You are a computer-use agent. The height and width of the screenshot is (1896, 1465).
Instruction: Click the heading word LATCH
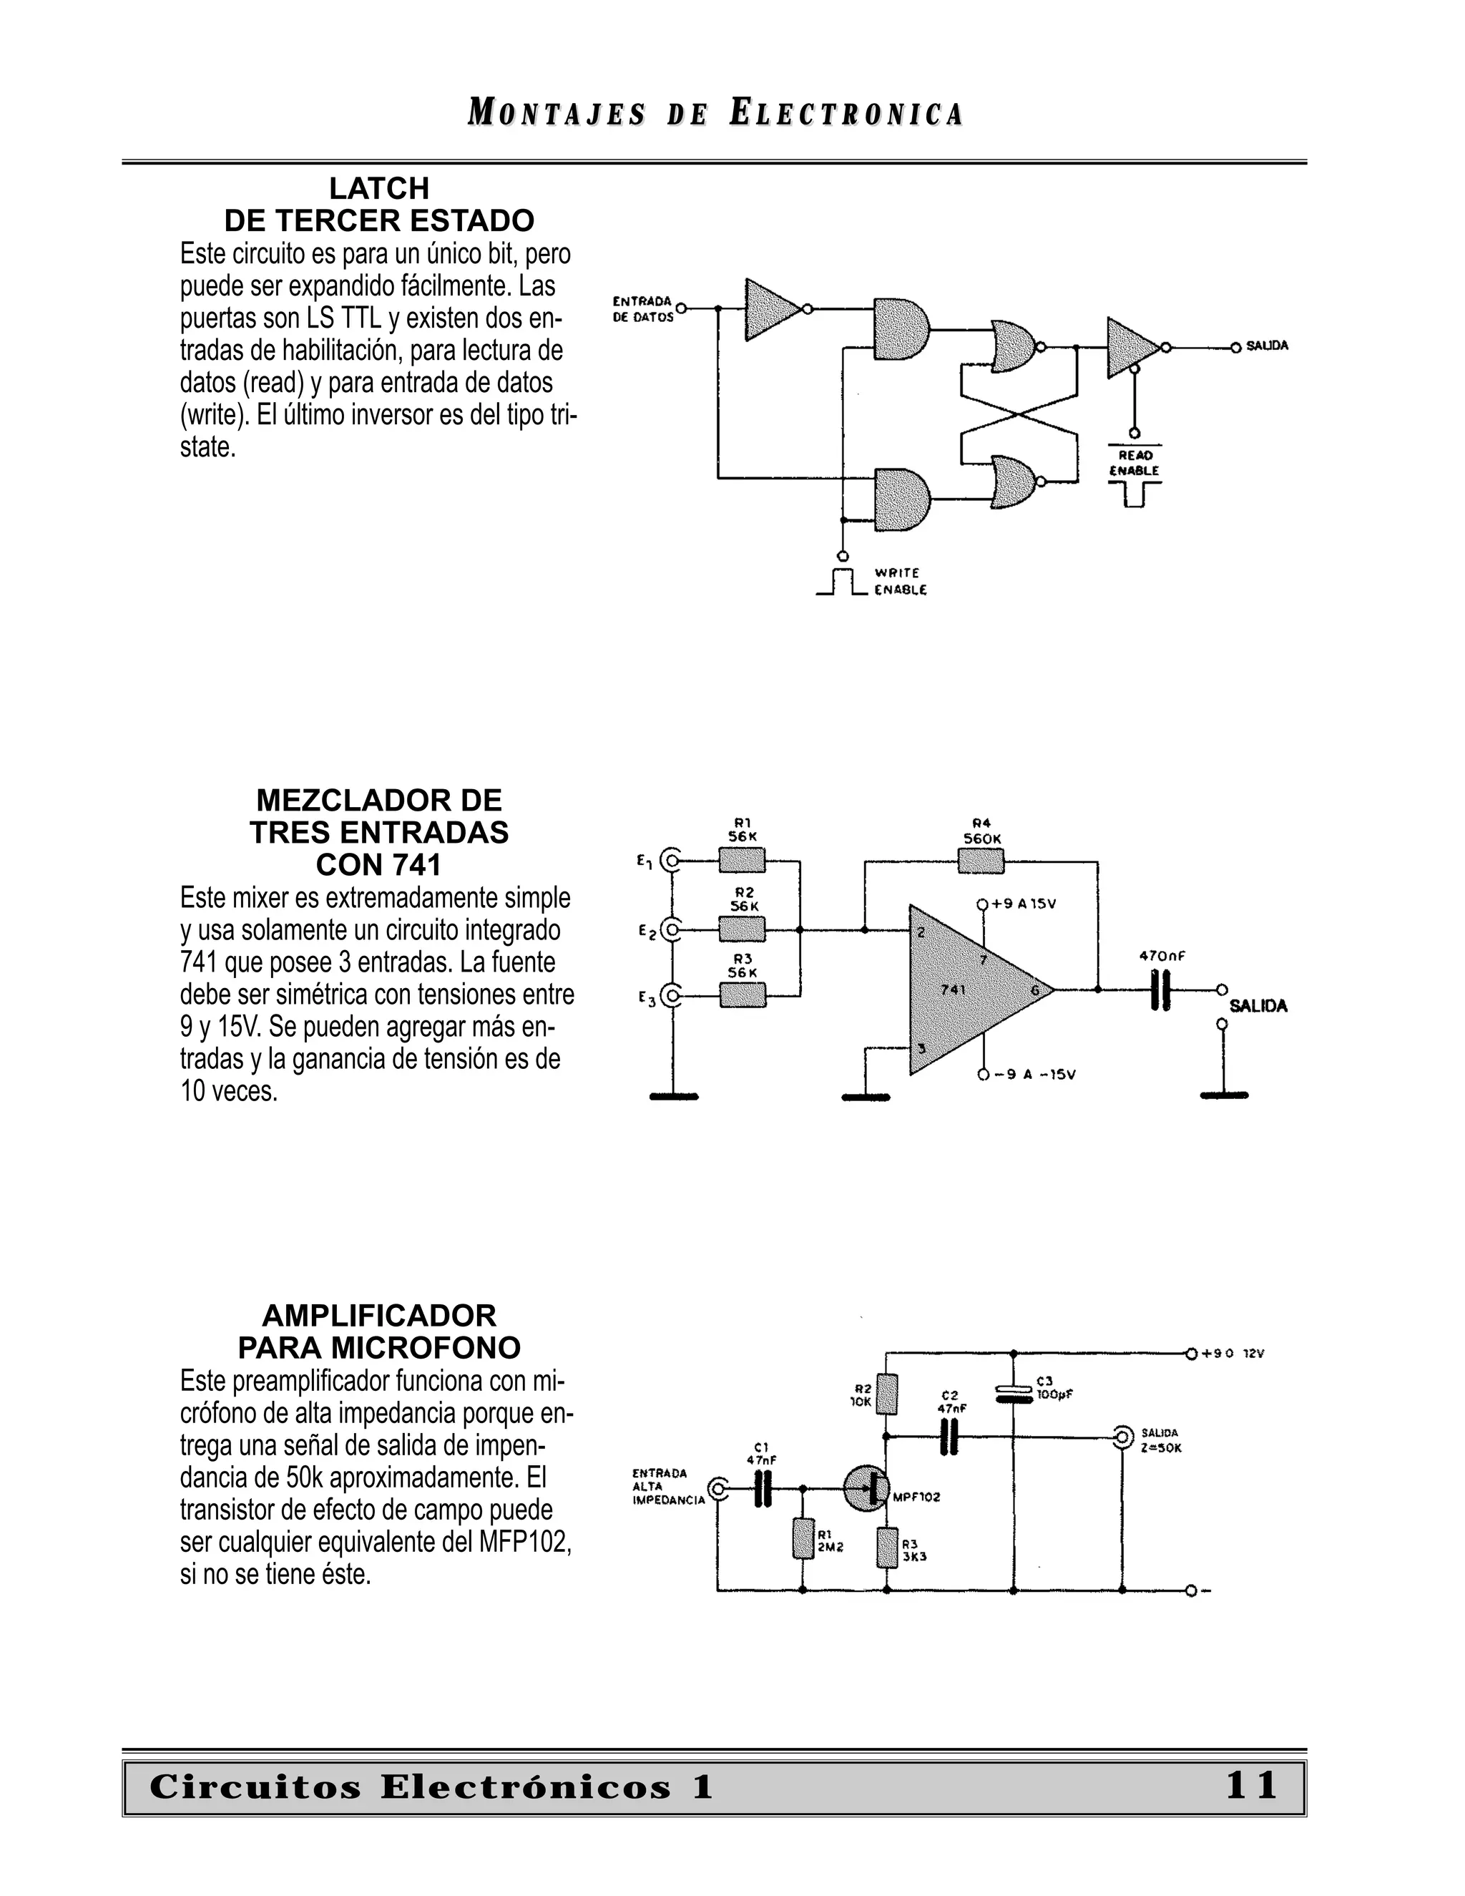[379, 188]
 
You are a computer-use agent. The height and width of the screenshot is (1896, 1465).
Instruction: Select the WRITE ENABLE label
[900, 582]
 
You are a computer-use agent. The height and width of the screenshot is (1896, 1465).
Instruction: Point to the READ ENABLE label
[1135, 463]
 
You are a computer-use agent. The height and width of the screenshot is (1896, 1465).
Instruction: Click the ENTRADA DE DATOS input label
[643, 309]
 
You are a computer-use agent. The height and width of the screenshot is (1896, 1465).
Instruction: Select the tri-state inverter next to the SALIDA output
[1131, 347]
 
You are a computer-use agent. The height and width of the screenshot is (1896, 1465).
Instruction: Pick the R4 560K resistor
[981, 861]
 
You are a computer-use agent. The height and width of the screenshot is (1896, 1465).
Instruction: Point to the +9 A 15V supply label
[1024, 904]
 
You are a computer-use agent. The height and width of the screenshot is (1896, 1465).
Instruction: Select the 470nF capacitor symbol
[1160, 989]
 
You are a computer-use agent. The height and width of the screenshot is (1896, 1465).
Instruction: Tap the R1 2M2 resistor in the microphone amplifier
[803, 1539]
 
